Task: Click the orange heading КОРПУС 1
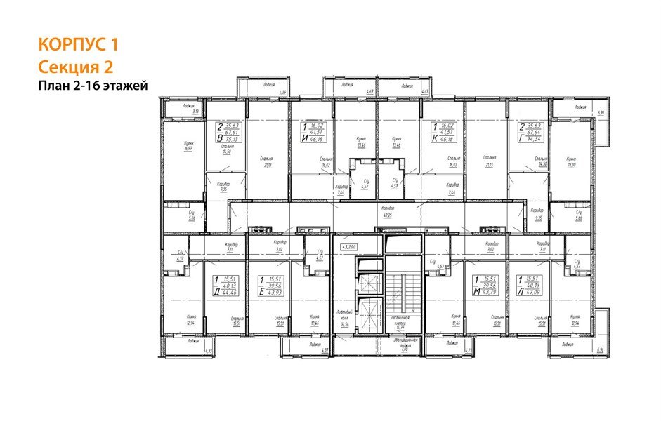[x=78, y=46]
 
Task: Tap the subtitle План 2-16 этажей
[x=93, y=86]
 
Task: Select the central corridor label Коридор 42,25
[x=386, y=213]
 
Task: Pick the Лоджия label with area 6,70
[x=581, y=109]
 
